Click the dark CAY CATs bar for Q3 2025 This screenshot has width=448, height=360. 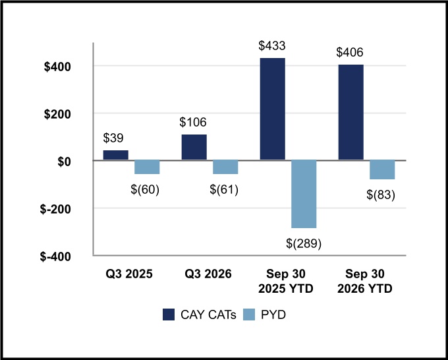pos(116,155)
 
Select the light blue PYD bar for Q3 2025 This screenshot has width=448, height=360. pos(147,167)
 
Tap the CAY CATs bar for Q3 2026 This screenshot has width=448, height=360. pos(194,148)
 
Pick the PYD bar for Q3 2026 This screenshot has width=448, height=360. pos(225,167)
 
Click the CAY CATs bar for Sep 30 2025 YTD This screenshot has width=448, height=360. pos(273,109)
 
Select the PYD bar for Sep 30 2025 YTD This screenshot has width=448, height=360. pos(304,194)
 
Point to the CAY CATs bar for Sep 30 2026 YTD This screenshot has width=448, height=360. pos(351,112)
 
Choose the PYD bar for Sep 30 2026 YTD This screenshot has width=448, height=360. pos(382,170)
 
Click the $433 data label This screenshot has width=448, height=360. pos(272,45)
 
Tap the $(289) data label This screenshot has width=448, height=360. pos(304,243)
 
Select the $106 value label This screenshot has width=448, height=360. pos(193,122)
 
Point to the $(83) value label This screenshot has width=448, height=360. pos(381,195)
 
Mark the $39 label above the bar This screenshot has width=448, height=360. pos(113,138)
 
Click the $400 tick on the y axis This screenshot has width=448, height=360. pos(57,67)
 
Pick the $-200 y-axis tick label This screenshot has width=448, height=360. pos(55,209)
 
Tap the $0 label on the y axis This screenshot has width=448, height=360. pos(64,162)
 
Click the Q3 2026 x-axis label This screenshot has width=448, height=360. pos(208,274)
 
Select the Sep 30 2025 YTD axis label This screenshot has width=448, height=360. pos(286,282)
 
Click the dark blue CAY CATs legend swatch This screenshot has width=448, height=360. pos(169,315)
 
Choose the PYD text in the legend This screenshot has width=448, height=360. pos(273,315)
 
